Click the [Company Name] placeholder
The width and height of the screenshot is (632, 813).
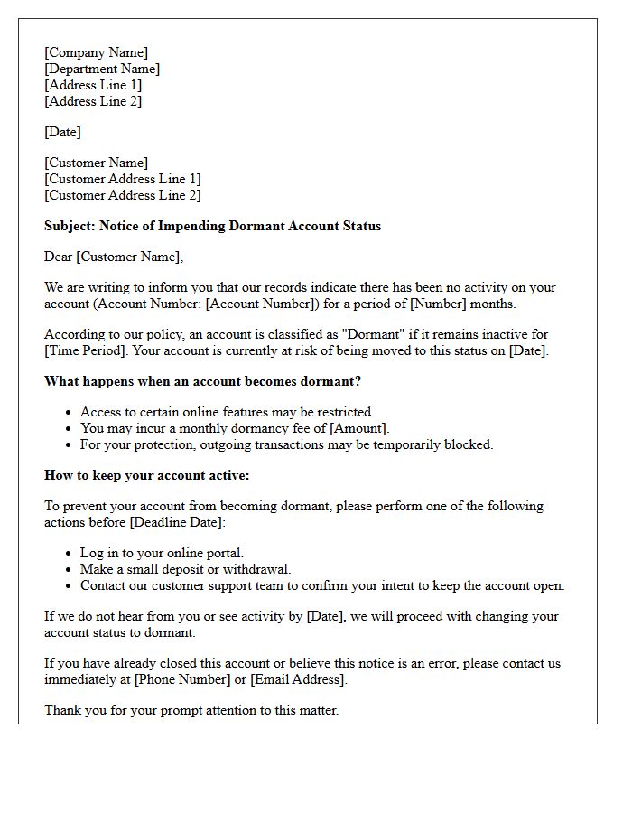click(97, 52)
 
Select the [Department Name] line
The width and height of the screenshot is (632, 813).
click(102, 69)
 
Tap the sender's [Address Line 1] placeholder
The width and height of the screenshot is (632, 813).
click(93, 85)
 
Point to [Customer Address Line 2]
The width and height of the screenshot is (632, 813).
click(123, 195)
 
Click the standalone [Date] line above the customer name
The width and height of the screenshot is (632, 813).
click(62, 132)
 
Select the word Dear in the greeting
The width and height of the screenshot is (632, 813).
click(59, 257)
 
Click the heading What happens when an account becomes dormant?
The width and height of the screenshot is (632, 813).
click(202, 381)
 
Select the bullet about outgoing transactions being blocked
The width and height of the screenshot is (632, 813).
click(286, 444)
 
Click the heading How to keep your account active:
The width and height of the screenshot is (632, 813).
click(147, 475)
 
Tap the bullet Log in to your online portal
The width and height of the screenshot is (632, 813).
click(162, 553)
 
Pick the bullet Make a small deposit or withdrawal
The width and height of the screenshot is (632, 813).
click(185, 569)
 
